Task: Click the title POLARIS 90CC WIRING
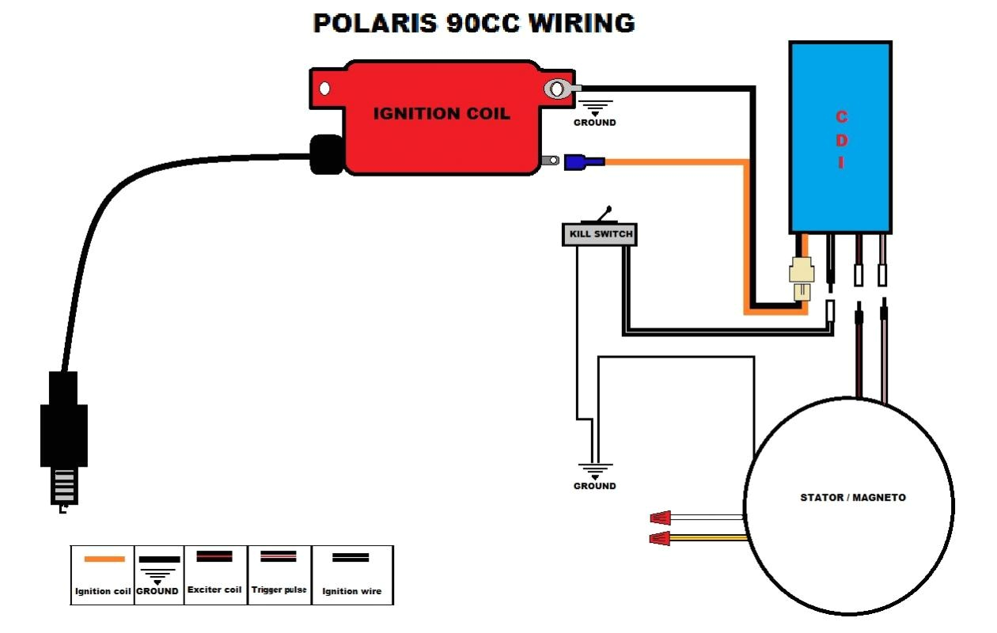click(474, 23)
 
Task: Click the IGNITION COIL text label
click(442, 113)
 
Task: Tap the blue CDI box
click(840, 138)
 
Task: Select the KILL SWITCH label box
click(599, 234)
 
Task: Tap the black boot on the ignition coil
click(325, 154)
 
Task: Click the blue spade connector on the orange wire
click(584, 162)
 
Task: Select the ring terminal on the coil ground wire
click(559, 89)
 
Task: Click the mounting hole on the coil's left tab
click(324, 89)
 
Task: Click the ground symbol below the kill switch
click(594, 473)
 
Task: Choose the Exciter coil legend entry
click(214, 574)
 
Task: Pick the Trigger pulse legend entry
click(279, 574)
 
